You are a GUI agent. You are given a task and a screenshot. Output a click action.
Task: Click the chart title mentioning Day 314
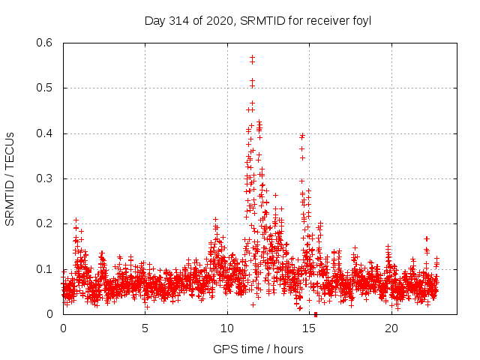tap(258, 20)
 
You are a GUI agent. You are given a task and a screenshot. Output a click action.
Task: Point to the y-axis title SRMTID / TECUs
tap(10, 178)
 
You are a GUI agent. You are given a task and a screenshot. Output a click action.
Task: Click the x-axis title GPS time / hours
tap(258, 349)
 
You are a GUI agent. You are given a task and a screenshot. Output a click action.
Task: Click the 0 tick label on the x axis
tap(63, 328)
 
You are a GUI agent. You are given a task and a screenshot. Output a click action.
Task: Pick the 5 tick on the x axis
tap(145, 328)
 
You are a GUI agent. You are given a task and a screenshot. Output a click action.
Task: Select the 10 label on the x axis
tap(227, 328)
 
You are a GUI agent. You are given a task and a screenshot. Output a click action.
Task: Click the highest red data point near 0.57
tap(252, 56)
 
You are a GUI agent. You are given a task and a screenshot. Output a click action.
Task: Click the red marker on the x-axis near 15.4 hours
tap(316, 314)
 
